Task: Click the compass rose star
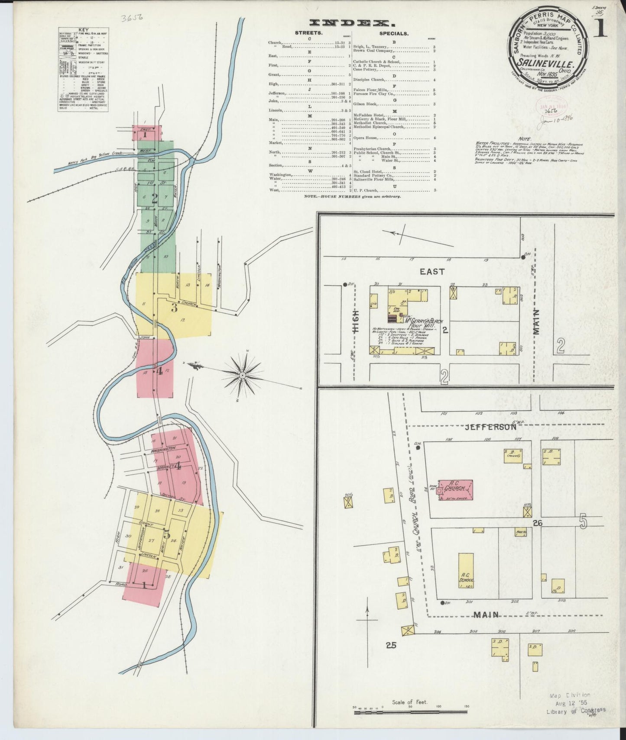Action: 243,373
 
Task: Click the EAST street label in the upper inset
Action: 432,271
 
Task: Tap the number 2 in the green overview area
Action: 154,198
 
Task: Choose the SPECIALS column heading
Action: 394,33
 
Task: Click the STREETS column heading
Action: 309,33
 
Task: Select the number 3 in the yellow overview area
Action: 174,308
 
